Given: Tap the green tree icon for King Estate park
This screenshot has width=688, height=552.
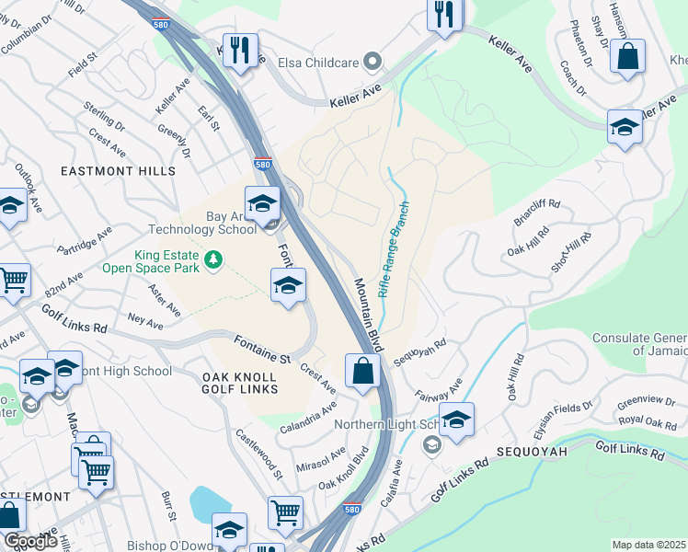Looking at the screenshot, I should (213, 260).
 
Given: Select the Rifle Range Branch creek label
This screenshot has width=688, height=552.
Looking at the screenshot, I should (393, 249).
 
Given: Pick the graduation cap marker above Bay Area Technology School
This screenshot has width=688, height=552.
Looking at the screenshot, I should (262, 202).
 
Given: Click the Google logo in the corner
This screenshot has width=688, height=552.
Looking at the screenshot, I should (30, 541).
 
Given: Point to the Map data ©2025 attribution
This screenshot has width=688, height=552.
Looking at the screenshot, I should (648, 545).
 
